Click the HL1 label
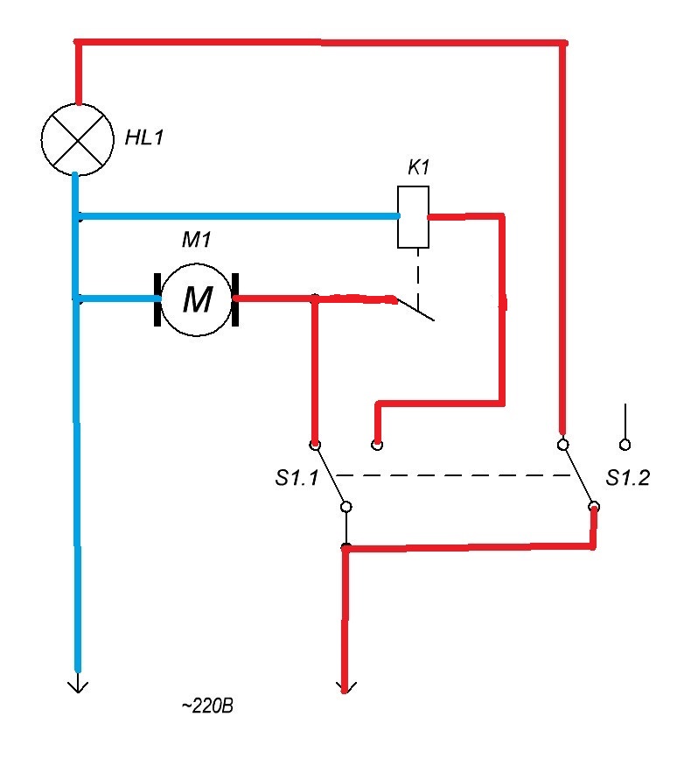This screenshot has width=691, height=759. pyautogui.click(x=144, y=137)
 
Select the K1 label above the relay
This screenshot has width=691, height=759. pyautogui.click(x=418, y=167)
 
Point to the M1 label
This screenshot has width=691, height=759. pyautogui.click(x=196, y=240)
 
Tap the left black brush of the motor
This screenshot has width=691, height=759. pyautogui.click(x=157, y=299)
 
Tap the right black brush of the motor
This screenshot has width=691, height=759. pyautogui.click(x=235, y=299)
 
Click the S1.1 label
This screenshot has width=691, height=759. pyautogui.click(x=297, y=478)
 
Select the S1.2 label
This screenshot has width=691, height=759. pyautogui.click(x=627, y=478)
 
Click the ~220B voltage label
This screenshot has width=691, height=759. pyautogui.click(x=207, y=706)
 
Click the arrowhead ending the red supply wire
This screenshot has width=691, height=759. pyautogui.click(x=345, y=687)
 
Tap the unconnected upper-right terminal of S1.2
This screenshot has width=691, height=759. pyautogui.click(x=625, y=445)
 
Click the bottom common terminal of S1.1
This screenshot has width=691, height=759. pyautogui.click(x=346, y=507)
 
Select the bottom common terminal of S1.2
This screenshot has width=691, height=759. pyautogui.click(x=594, y=507)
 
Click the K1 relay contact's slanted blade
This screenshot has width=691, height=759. pyautogui.click(x=415, y=309)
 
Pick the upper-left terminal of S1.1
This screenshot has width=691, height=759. pyautogui.click(x=315, y=445)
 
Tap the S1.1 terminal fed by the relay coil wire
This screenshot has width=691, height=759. pyautogui.click(x=377, y=445)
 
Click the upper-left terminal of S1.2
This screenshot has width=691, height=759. pyautogui.click(x=562, y=445)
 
